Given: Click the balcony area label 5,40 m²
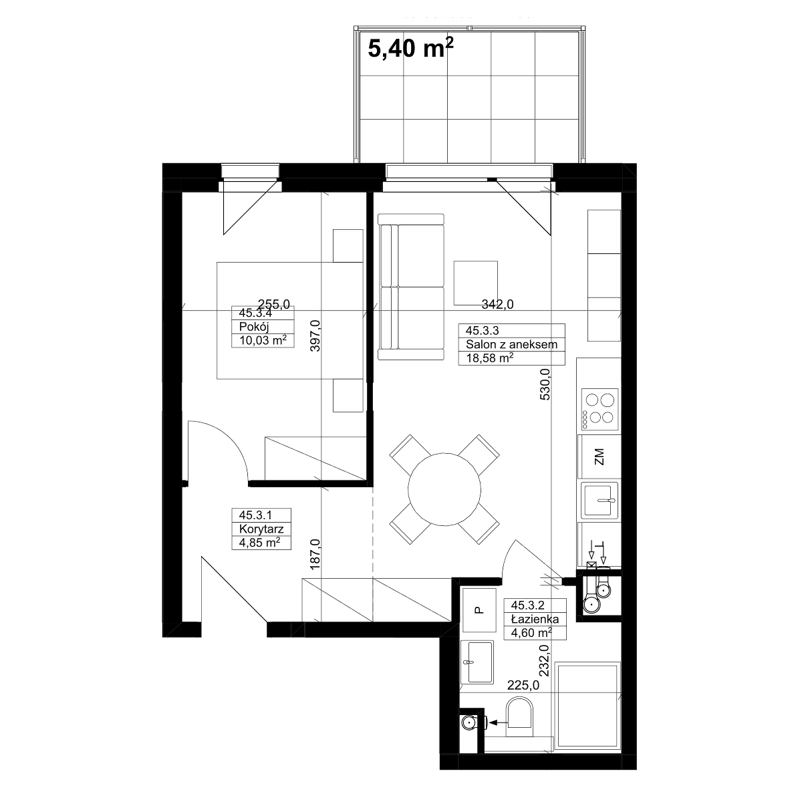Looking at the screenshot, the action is pos(410,48).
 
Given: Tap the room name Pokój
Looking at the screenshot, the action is pos(254,327).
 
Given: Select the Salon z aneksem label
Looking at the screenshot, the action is pos(511,344).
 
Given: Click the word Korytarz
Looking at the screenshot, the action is pos(261,529).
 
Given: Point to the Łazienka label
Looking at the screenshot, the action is pos(535,619).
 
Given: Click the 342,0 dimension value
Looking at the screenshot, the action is pos(497,304).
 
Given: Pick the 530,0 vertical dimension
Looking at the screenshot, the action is pos(545,384).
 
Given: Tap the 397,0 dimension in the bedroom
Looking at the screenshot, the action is pos(315,336).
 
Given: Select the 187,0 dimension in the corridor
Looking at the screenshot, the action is pos(315,554).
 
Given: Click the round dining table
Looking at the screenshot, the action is pos(444,489).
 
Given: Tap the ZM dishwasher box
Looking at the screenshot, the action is pos(599,456).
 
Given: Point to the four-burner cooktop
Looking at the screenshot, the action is pos(599,409).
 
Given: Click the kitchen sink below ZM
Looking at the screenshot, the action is pos(599,501).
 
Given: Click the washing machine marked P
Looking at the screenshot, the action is pos(479,610).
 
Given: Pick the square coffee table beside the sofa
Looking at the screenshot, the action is pos(476,283).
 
